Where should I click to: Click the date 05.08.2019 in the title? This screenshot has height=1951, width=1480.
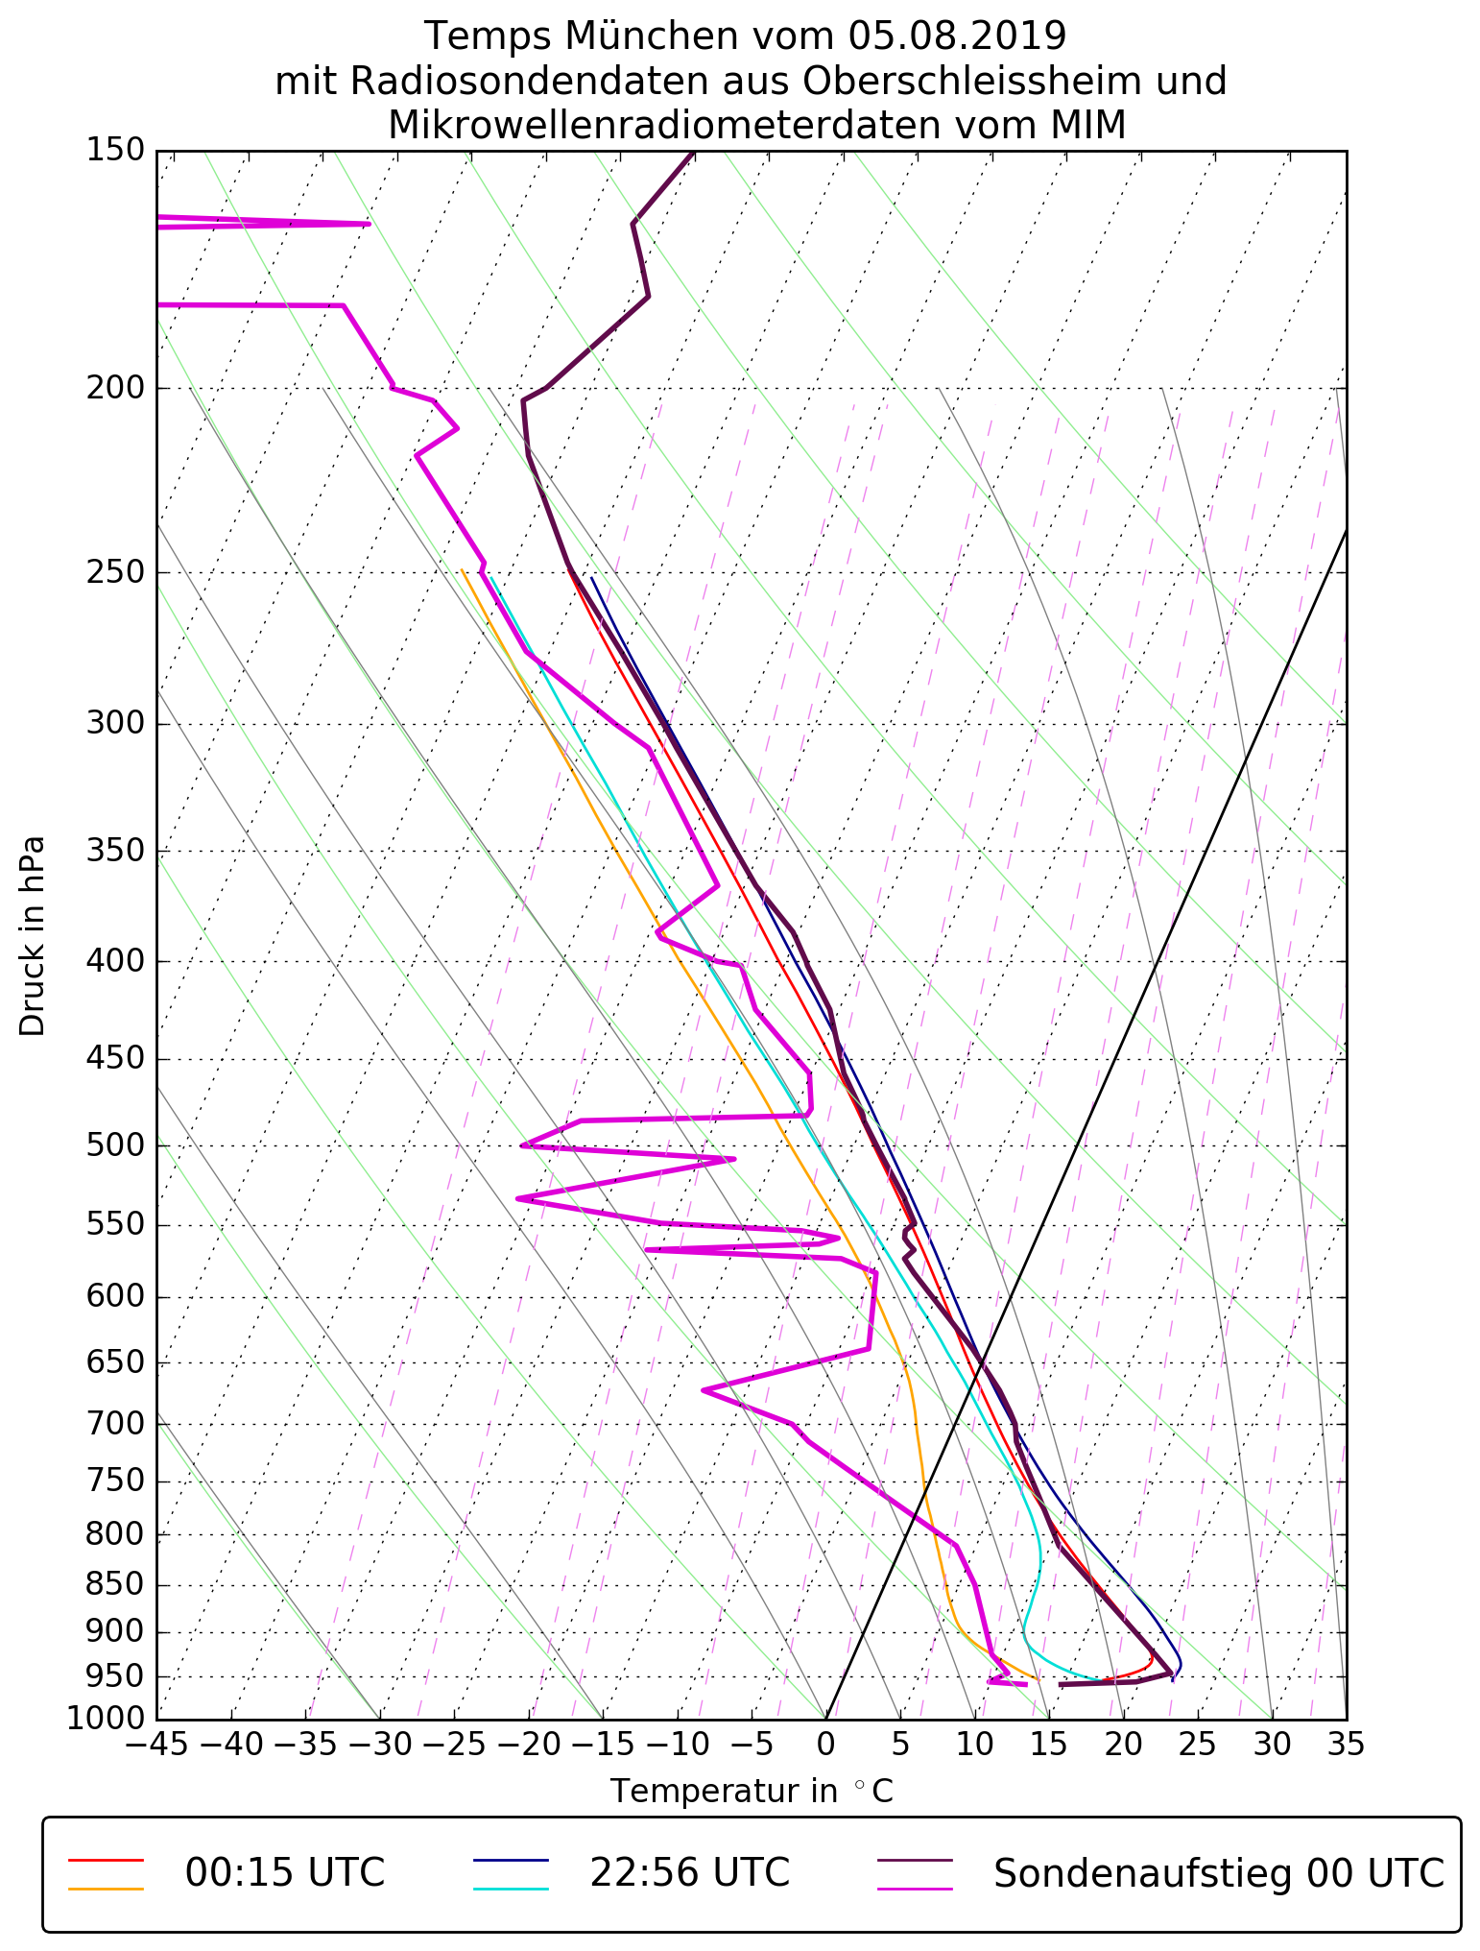[957, 36]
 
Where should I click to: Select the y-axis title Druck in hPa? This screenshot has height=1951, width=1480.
[33, 936]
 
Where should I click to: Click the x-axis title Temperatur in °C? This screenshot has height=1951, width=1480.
[752, 1791]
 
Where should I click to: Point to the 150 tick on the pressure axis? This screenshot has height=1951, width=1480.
[114, 151]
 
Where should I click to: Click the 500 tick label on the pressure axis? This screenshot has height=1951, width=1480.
[114, 1145]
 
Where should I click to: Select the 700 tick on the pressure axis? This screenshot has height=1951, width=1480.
[114, 1424]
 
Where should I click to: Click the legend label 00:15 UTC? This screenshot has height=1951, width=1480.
[285, 1872]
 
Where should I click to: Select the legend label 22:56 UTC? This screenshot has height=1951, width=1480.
[689, 1872]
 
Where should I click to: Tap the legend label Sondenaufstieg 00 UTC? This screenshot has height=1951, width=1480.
[1219, 1872]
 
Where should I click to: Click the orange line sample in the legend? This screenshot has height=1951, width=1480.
[106, 1889]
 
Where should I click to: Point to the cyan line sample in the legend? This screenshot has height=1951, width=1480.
[511, 1889]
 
